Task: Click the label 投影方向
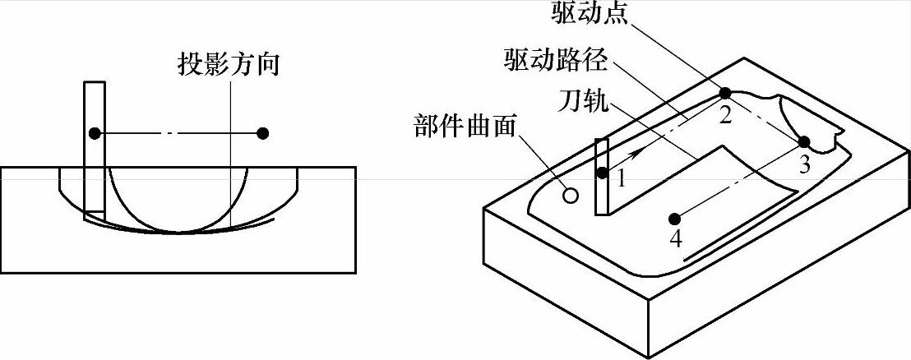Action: (231, 64)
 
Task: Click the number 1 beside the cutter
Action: (621, 178)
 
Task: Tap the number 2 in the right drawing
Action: (725, 116)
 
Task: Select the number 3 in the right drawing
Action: (805, 164)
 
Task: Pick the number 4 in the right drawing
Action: (675, 239)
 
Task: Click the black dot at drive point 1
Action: (603, 173)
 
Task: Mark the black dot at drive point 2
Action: (725, 93)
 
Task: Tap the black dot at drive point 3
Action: (804, 142)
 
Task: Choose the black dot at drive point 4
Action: (674, 218)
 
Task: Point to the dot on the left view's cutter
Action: (95, 133)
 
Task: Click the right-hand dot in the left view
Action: (263, 133)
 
